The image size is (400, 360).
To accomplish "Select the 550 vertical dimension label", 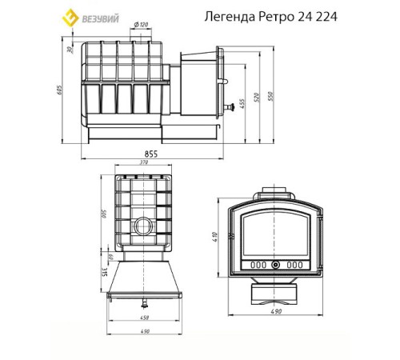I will point(272,94).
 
